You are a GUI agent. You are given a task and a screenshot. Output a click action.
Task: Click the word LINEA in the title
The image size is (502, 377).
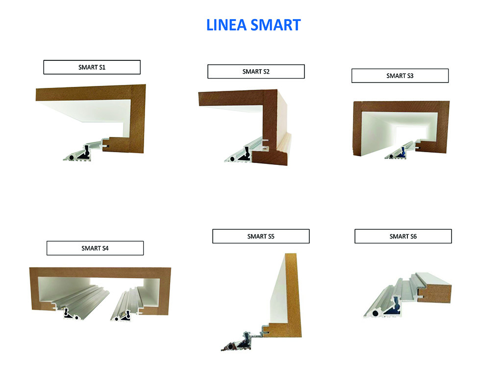[x=226, y=25]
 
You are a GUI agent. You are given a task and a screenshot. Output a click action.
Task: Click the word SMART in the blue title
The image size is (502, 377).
[x=276, y=25]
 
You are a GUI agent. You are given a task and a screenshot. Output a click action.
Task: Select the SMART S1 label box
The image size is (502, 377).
[x=92, y=67]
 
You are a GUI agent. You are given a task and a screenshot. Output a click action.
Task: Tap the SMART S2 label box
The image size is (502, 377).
[x=256, y=72]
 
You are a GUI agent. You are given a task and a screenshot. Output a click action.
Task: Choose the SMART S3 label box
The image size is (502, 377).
[x=400, y=76]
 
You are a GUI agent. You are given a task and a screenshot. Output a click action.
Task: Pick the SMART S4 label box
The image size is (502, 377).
[x=95, y=248]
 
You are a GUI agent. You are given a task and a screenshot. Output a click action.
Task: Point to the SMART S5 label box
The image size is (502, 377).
[x=261, y=236]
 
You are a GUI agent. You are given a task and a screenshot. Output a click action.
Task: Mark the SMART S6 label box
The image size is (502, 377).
[x=403, y=236]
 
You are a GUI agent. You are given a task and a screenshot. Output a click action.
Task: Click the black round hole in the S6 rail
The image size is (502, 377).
[x=375, y=313]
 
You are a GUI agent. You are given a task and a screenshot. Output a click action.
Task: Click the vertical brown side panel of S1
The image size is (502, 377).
[x=138, y=119]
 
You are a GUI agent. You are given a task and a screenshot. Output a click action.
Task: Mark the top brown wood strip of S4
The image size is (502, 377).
[x=100, y=272]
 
